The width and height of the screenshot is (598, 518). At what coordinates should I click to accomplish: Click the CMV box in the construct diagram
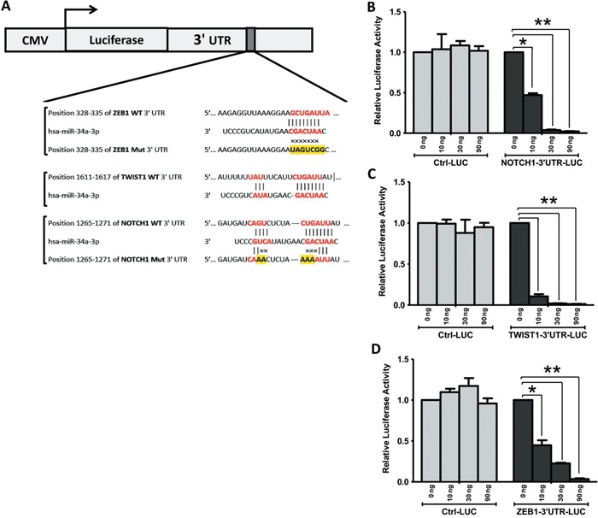(34, 39)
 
